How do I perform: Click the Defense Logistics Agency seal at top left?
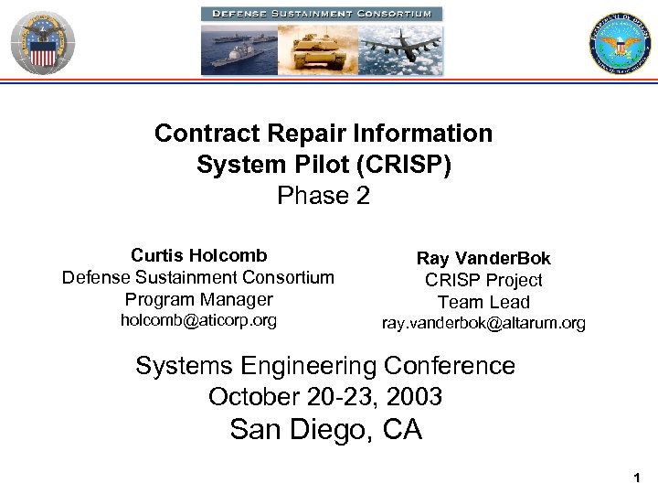click(x=42, y=40)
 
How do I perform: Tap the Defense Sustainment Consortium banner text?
click(x=322, y=14)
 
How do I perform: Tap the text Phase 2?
click(x=324, y=196)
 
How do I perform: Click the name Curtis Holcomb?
click(x=198, y=255)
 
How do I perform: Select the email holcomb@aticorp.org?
click(x=198, y=320)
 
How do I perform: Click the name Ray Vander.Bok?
click(x=483, y=259)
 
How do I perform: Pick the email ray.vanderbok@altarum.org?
click(x=483, y=324)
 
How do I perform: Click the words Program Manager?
click(x=198, y=299)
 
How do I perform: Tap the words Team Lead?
click(x=483, y=302)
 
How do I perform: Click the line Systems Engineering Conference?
click(x=325, y=366)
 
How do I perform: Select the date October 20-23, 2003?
click(x=325, y=397)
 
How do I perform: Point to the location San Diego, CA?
click(x=325, y=429)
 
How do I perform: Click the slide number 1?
click(x=636, y=478)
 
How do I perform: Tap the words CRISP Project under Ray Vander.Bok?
click(x=483, y=281)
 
